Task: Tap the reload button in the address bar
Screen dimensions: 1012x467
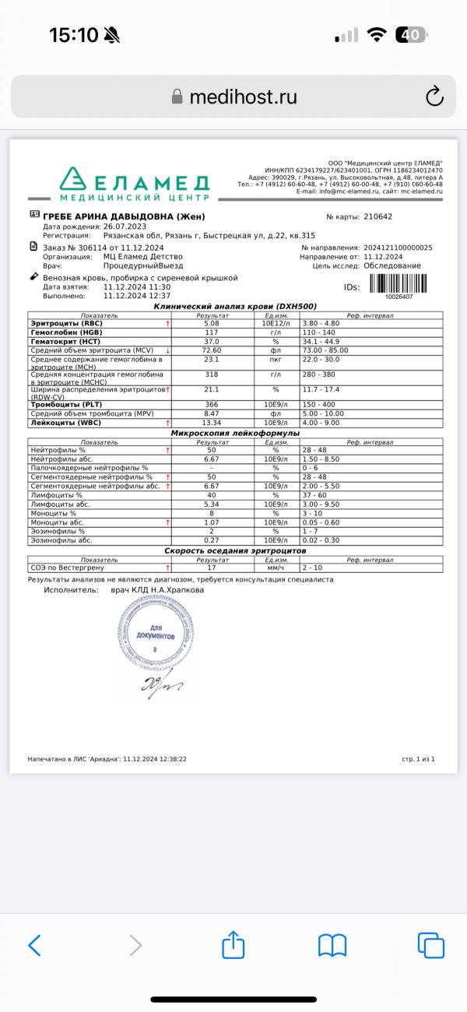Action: [x=434, y=97]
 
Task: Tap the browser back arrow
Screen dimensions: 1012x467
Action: [x=34, y=945]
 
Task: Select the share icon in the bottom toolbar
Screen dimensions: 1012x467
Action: [x=233, y=944]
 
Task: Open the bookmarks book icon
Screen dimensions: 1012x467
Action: [x=332, y=945]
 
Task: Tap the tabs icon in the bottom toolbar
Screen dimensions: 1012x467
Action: [x=430, y=945]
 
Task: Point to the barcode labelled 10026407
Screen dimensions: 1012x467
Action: [x=399, y=285]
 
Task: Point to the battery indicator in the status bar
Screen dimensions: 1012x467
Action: [x=410, y=35]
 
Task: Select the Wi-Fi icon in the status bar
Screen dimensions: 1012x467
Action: [x=377, y=35]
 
